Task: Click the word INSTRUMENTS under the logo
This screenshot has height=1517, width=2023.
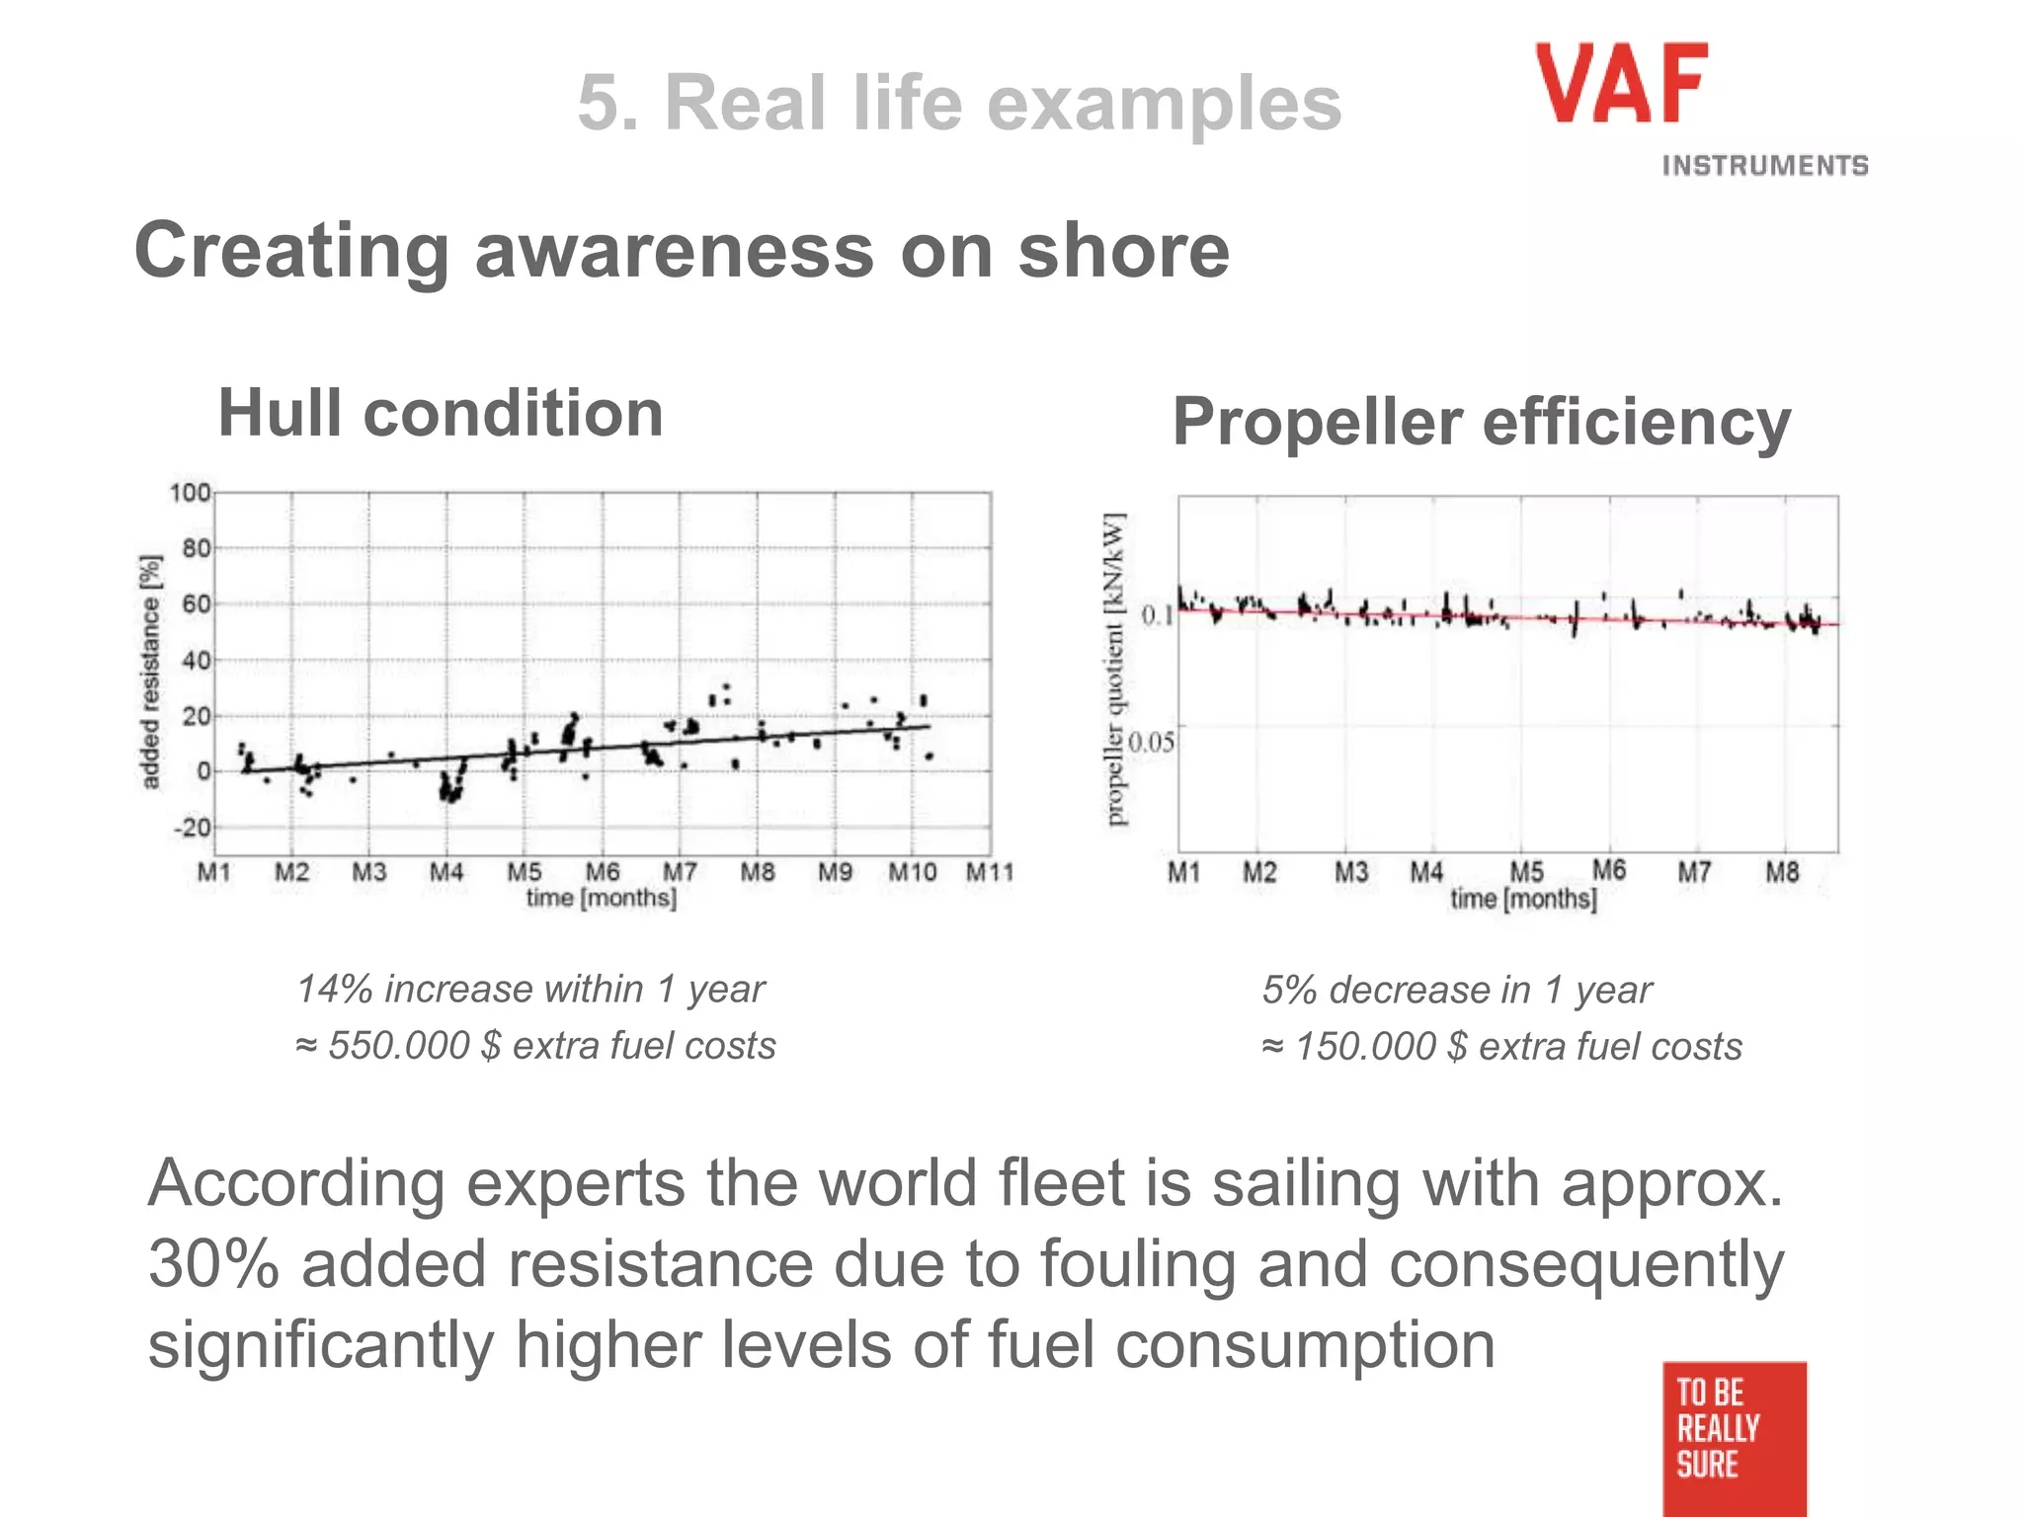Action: (x=1764, y=166)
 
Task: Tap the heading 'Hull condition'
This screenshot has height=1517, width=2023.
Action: (x=441, y=413)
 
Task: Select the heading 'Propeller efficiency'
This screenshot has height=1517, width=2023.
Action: (x=1481, y=423)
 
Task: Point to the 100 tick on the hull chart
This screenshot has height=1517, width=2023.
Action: (x=190, y=492)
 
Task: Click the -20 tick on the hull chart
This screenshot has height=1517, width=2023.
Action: (x=192, y=828)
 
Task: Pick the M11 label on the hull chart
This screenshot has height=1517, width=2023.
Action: (x=990, y=872)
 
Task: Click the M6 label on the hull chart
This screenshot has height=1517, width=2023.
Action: (x=603, y=872)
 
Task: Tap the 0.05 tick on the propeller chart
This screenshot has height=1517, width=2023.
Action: (x=1152, y=742)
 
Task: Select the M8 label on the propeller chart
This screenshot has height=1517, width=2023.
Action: (x=1782, y=872)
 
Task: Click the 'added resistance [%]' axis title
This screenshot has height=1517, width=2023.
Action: (x=150, y=672)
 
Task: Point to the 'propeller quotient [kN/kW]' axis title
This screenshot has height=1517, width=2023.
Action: (x=1115, y=669)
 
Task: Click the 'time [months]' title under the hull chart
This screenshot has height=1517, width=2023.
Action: (x=601, y=898)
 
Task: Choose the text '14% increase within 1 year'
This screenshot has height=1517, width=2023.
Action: (x=530, y=989)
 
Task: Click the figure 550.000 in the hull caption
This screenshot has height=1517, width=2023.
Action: (x=398, y=1045)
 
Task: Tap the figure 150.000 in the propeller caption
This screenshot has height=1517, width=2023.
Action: (x=1365, y=1046)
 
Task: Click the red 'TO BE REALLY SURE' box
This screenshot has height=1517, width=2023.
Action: (x=1734, y=1437)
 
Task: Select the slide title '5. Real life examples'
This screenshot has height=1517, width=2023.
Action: (x=959, y=103)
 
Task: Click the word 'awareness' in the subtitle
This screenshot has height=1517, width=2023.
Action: (x=675, y=251)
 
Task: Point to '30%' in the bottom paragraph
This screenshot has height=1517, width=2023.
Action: (x=213, y=1264)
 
